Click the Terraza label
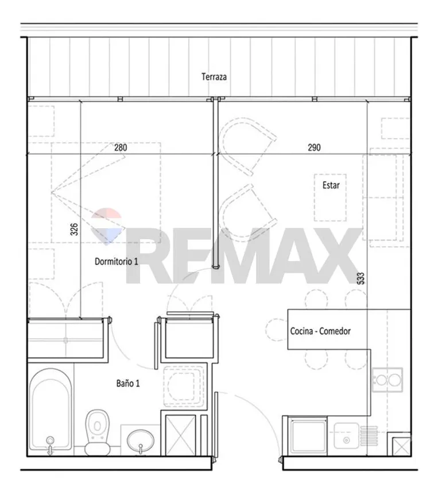pos(214,76)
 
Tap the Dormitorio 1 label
pos(117,261)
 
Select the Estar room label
pos(331,185)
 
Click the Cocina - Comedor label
pos(320,331)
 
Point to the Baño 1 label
pos(127,383)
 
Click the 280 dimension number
pos(121,147)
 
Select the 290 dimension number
pos(314,147)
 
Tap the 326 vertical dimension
pos(74,229)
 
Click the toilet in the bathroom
pos(98,432)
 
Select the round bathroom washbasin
pos(141,441)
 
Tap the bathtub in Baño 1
pos(51,409)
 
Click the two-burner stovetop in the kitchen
pos(387,380)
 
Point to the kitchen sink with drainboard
pos(355,436)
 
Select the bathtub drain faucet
pos(50,445)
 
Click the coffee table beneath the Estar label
pos(330,197)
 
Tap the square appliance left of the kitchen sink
pos(308,436)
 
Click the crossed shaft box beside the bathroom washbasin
pos(180,435)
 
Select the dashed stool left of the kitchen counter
pos(276,330)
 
